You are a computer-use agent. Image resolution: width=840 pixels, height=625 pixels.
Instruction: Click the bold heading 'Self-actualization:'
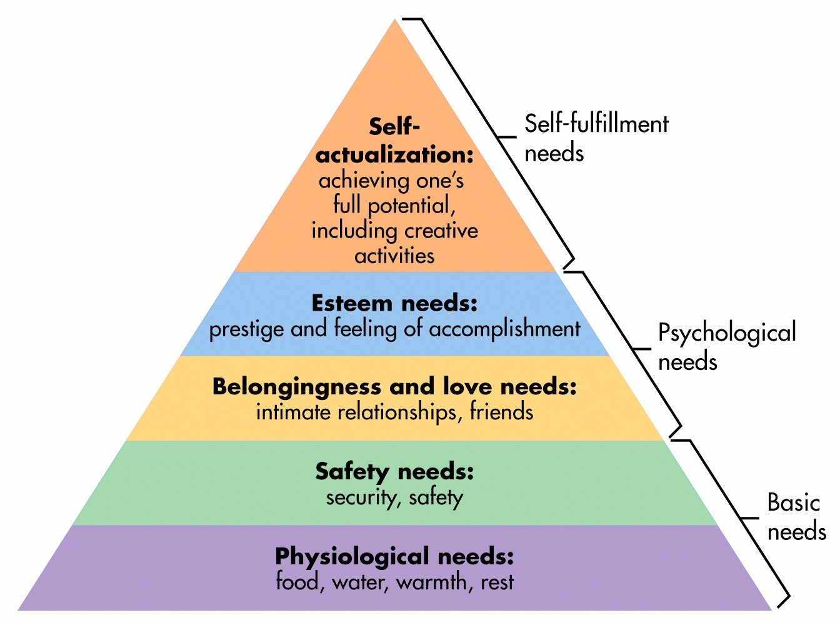(x=394, y=141)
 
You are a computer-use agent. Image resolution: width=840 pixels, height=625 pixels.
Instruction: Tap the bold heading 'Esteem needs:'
(x=394, y=303)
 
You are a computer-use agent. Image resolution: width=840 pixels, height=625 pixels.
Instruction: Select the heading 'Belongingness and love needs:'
(x=394, y=387)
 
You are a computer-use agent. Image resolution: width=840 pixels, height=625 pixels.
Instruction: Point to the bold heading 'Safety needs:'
(x=394, y=471)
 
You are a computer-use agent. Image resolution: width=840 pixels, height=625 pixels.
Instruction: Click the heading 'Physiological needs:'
(x=394, y=556)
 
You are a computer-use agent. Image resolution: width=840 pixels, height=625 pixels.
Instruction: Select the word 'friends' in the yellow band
(x=501, y=412)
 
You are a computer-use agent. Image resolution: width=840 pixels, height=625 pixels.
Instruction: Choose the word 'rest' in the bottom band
(x=497, y=582)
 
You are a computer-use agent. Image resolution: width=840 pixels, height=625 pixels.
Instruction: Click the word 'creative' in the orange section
(x=441, y=231)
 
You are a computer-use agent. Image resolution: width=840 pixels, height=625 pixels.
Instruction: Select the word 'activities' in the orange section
(x=394, y=256)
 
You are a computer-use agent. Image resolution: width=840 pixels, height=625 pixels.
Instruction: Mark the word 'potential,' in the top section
(x=411, y=206)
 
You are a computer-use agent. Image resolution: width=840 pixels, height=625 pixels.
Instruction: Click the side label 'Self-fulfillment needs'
(x=596, y=138)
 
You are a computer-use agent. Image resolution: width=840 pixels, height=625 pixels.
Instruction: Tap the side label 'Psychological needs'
(x=726, y=347)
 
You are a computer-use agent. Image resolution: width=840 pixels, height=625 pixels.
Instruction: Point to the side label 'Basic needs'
(x=796, y=517)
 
